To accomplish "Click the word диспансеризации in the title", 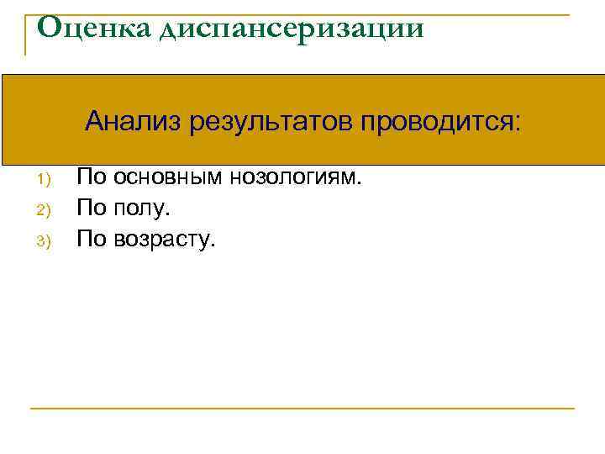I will click(287, 30).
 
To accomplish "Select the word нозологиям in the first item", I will click(294, 177).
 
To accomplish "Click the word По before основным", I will click(92, 177).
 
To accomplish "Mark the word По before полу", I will click(92, 208).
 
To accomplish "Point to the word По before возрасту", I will click(92, 239).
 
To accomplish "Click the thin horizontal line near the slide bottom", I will click(302, 409).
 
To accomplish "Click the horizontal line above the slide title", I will click(302, 14).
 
